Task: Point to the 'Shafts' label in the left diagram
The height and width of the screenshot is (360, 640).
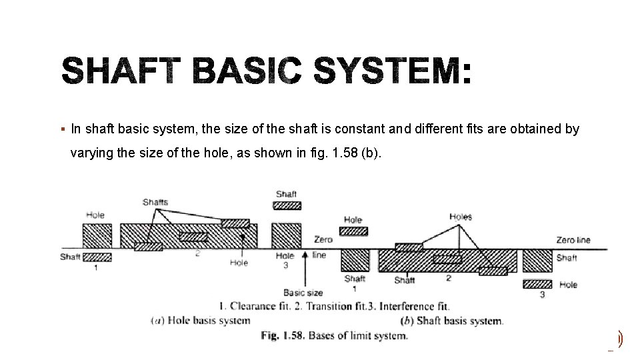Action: pyautogui.click(x=155, y=201)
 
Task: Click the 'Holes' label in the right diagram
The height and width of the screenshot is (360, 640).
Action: pyautogui.click(x=460, y=217)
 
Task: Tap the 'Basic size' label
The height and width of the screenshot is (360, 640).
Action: pyautogui.click(x=303, y=292)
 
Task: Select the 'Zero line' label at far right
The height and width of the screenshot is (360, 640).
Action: pyautogui.click(x=573, y=240)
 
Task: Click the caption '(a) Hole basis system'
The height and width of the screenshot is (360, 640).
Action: pyautogui.click(x=200, y=321)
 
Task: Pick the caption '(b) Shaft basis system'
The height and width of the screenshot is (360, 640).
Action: pyautogui.click(x=453, y=321)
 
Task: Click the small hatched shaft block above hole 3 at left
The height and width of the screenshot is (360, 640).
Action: pyautogui.click(x=287, y=205)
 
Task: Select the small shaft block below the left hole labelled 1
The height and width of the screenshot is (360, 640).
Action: pyautogui.click(x=97, y=257)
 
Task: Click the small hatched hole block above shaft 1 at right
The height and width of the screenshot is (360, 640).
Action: pyautogui.click(x=353, y=231)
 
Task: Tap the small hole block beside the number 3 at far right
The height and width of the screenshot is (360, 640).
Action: pyautogui.click(x=537, y=284)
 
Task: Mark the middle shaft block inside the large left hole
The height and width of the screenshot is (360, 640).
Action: pyautogui.click(x=193, y=237)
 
